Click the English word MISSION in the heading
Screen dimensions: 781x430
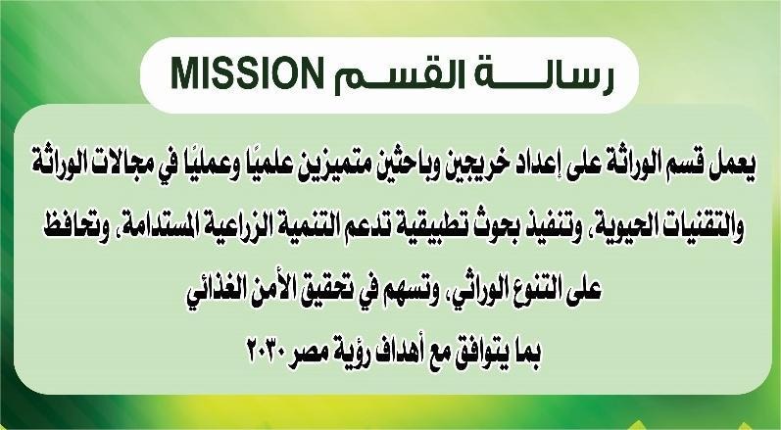(246, 72)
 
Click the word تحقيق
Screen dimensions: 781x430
(327, 290)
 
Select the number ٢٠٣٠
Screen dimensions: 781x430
(268, 352)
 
